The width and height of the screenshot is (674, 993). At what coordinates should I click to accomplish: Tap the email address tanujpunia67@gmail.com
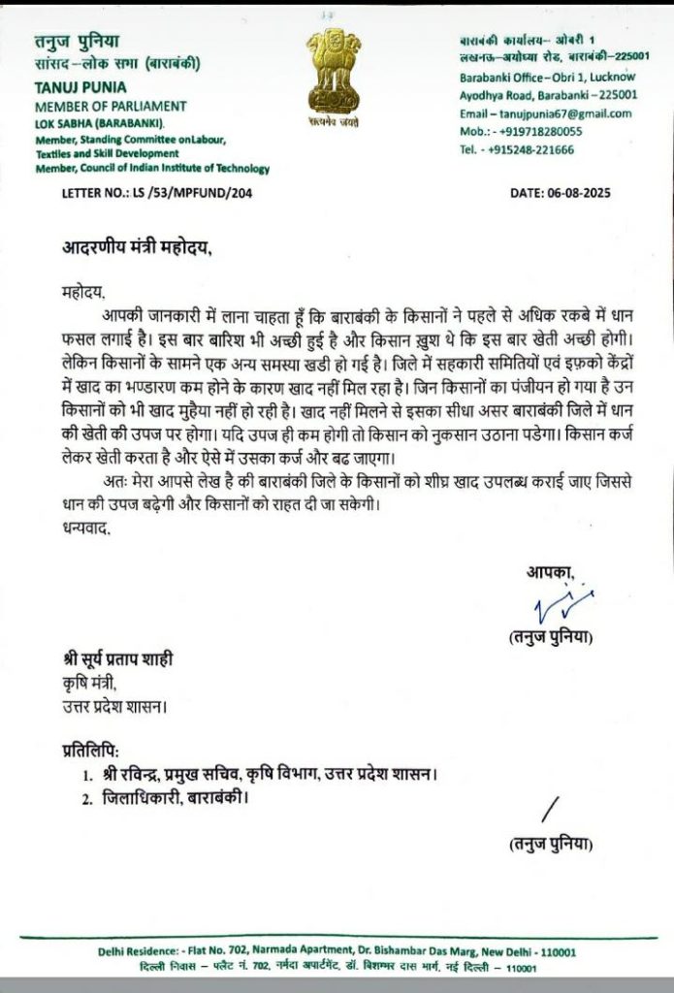pos(546,113)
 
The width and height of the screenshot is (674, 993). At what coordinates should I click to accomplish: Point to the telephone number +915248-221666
pos(517,149)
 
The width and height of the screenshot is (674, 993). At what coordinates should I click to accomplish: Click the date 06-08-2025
pos(561,194)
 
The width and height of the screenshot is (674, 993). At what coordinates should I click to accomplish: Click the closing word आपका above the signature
pos(550,573)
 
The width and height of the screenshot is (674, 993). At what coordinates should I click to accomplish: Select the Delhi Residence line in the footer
pos(337,952)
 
